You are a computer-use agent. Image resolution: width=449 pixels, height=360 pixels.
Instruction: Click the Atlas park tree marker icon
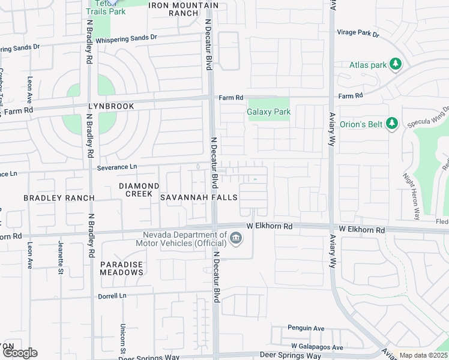click(395, 64)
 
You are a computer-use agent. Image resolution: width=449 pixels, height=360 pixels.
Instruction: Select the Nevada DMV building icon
click(236, 240)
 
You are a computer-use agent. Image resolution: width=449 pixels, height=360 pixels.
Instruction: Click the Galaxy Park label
click(268, 112)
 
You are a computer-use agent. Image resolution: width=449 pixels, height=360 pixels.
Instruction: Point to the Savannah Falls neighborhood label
click(198, 197)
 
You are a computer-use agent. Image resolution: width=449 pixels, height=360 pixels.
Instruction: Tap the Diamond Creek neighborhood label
click(139, 190)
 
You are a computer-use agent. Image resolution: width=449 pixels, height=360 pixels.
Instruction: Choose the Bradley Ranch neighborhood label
click(59, 197)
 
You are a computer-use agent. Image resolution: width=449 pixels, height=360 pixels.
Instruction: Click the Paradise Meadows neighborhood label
click(122, 268)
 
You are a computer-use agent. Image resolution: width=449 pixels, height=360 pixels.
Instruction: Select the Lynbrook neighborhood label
click(110, 106)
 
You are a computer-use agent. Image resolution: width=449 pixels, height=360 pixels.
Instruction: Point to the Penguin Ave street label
click(306, 328)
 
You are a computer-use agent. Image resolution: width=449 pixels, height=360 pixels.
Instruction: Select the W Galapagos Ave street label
click(317, 347)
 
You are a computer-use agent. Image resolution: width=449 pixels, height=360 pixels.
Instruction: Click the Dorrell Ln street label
click(112, 296)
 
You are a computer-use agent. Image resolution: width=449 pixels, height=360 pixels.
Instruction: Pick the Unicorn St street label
click(122, 337)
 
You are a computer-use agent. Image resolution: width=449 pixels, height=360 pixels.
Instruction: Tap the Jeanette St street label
click(60, 257)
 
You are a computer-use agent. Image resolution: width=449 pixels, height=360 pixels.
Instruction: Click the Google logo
click(19, 353)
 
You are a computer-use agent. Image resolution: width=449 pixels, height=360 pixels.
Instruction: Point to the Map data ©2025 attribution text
click(423, 355)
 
